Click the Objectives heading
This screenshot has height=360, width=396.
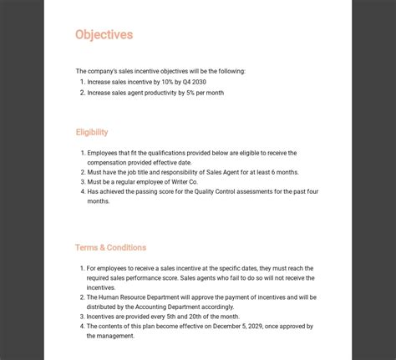tap(104, 35)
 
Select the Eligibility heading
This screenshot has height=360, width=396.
tap(91, 132)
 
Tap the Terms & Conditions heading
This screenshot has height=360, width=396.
tap(110, 247)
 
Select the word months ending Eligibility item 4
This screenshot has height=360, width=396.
tap(99, 201)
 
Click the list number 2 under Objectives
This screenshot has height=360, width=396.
tap(83, 93)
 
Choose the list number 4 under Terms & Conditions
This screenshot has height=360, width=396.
tap(83, 326)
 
